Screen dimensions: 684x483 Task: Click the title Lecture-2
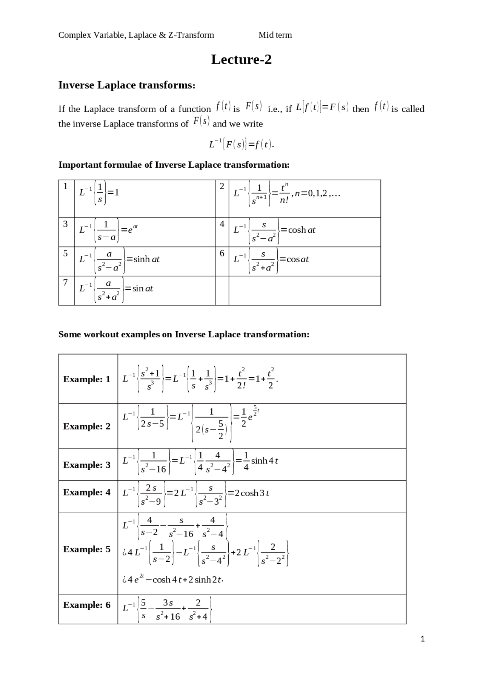241,60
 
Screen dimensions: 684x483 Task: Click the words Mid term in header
275,35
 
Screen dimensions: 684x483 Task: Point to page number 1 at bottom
423,639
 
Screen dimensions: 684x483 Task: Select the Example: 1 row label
87,379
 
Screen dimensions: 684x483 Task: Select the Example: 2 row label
87,426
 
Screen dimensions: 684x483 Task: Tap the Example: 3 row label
87,465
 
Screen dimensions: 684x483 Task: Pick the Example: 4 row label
87,493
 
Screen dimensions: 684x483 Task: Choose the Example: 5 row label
87,549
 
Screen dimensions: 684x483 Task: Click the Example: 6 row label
87,605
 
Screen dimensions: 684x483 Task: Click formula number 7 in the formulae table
65,283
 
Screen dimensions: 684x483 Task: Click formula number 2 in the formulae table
222,186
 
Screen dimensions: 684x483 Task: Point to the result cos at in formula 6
298,259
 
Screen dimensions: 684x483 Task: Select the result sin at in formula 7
143,289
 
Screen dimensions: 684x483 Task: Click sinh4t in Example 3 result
265,461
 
